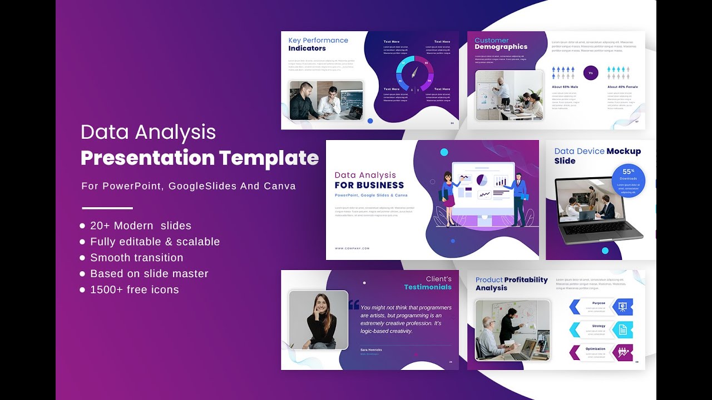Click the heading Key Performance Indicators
pyautogui.click(x=318, y=44)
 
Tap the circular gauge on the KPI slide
pyautogui.click(x=414, y=73)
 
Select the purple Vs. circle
pyautogui.click(x=591, y=73)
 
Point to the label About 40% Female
pyautogui.click(x=622, y=87)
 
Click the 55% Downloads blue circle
pyautogui.click(x=629, y=180)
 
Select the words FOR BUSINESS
pyautogui.click(x=369, y=185)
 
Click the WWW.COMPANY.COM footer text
pyautogui.click(x=352, y=248)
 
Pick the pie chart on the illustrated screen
pyautogui.click(x=482, y=180)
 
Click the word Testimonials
pyautogui.click(x=428, y=287)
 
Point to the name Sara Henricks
pyautogui.click(x=371, y=349)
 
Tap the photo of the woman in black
pyautogui.click(x=318, y=320)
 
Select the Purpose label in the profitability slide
pyautogui.click(x=599, y=303)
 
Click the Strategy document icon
pyautogui.click(x=623, y=329)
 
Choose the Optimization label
pyautogui.click(x=595, y=349)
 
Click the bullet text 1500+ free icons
pyautogui.click(x=134, y=289)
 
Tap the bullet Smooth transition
pyautogui.click(x=136, y=258)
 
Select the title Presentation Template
pyautogui.click(x=200, y=158)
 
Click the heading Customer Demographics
pyautogui.click(x=501, y=44)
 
